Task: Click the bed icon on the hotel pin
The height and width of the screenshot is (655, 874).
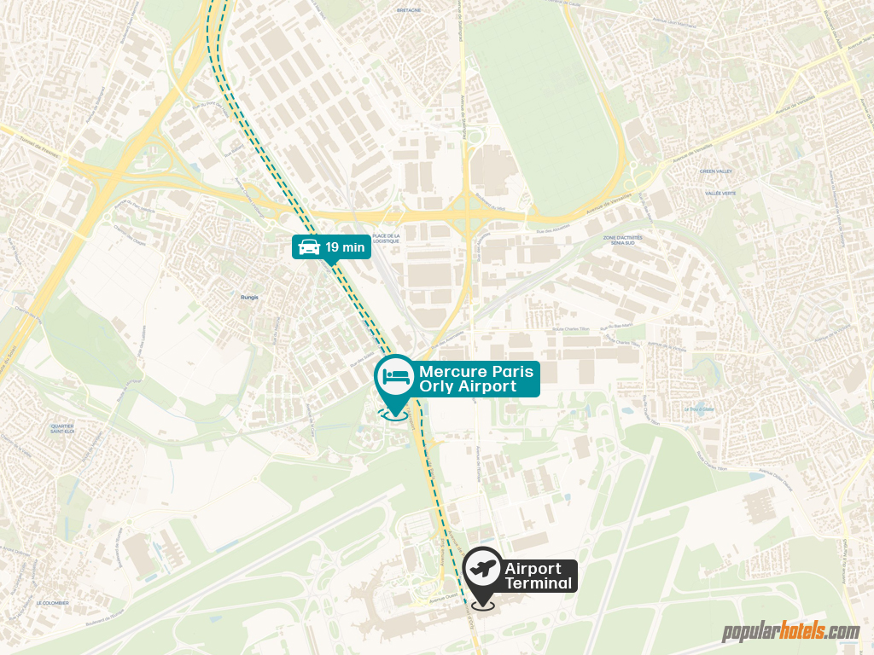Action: (395, 375)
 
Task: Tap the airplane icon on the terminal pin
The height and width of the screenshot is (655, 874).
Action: (482, 567)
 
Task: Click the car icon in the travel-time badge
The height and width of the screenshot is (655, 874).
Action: (308, 247)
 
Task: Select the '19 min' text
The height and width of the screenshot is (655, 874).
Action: (345, 247)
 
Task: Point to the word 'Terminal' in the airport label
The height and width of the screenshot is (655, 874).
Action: (538, 583)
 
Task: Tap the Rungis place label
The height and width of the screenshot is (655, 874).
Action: (249, 298)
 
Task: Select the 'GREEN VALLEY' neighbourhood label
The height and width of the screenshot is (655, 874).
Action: (716, 171)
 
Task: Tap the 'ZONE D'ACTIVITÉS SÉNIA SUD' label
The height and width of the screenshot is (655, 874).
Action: (622, 240)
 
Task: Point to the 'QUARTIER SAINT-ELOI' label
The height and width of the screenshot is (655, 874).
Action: (62, 428)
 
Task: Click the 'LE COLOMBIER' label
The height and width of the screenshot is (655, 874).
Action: (52, 602)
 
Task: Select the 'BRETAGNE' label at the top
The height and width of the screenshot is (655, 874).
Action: (410, 12)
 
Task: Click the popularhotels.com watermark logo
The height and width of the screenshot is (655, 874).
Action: (790, 632)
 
